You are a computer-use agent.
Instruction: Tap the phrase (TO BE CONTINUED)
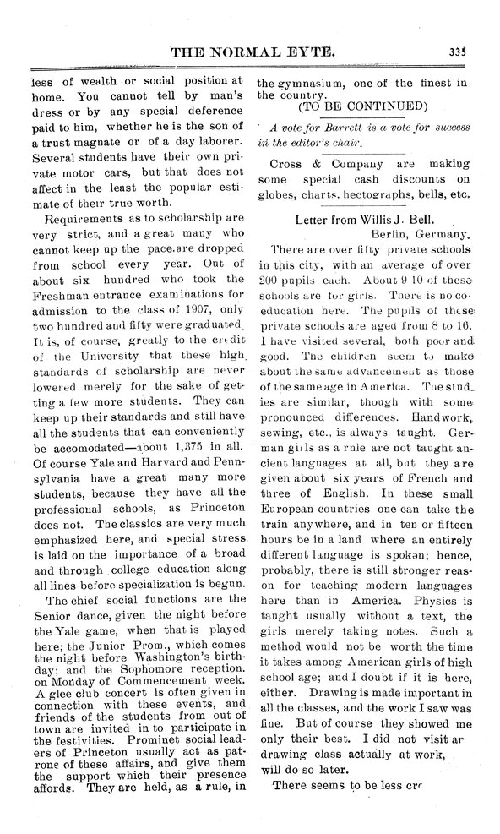click(363, 106)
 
